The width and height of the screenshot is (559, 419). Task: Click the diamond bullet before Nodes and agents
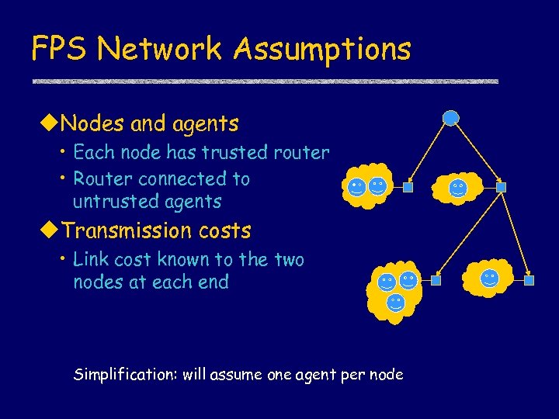click(x=49, y=123)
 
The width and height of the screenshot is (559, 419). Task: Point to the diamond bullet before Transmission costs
click(x=49, y=230)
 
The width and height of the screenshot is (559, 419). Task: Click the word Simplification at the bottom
click(x=124, y=375)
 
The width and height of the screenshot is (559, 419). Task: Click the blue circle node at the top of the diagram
click(x=451, y=118)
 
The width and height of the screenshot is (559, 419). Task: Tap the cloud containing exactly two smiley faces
click(x=367, y=185)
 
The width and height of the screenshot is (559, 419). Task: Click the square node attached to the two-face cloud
click(x=408, y=187)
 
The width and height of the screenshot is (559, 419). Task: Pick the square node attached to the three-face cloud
click(x=436, y=279)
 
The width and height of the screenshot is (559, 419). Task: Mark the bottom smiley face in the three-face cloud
click(x=396, y=301)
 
